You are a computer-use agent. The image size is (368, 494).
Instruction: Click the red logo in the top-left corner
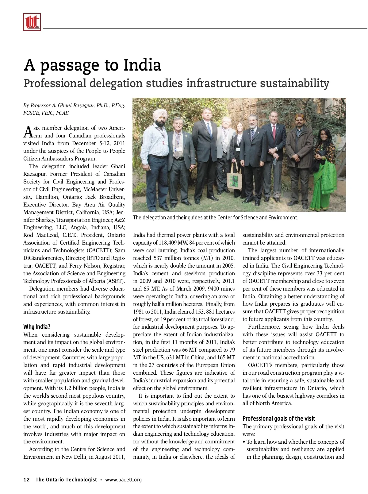pyautogui.click(x=32, y=22)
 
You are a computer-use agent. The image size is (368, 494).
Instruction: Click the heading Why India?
pyautogui.click(x=37, y=326)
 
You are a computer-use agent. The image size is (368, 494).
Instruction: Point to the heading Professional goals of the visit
pyautogui.click(x=278, y=419)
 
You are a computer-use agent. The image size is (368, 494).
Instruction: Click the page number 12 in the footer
pyautogui.click(x=27, y=480)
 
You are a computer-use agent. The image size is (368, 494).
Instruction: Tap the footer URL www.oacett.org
pyautogui.click(x=123, y=480)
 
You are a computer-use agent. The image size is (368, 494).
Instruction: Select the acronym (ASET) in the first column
pyautogui.click(x=115, y=281)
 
